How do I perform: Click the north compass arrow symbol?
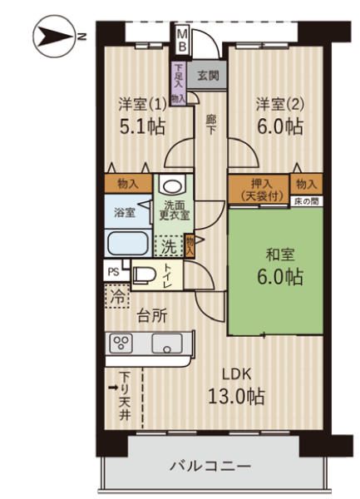55,36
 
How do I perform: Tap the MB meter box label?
182,40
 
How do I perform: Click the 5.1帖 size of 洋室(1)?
142,126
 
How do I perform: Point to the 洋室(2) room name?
280,104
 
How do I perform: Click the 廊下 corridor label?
210,125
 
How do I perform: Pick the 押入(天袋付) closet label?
261,190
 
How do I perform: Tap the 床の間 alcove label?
306,201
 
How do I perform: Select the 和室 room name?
280,254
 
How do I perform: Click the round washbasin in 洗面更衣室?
173,185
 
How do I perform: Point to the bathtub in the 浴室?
128,243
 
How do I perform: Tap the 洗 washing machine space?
169,246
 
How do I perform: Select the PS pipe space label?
114,272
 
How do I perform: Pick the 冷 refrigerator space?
117,296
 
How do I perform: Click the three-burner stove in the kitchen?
121,343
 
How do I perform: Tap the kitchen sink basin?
166,343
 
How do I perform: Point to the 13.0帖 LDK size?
236,397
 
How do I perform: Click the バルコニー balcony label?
210,467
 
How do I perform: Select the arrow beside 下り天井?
113,388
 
